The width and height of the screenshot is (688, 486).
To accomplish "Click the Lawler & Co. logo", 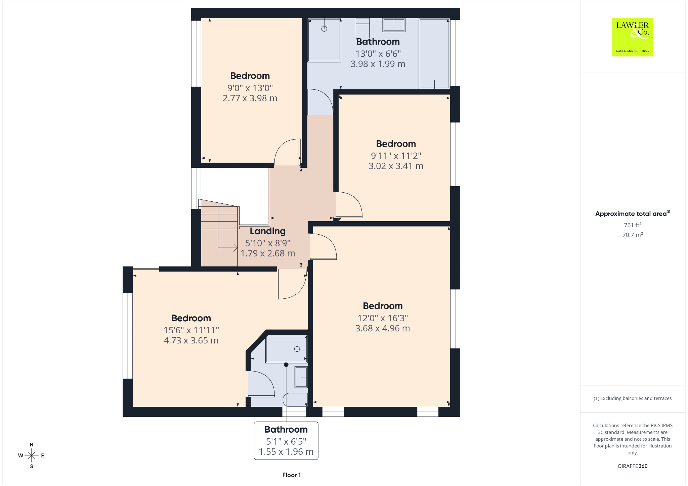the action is click(x=632, y=37).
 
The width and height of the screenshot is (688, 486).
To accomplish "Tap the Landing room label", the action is click(x=268, y=231).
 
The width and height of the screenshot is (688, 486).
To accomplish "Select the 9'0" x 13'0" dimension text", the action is click(x=250, y=88).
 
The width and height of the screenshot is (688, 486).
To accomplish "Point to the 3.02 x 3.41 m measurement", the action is click(x=396, y=166).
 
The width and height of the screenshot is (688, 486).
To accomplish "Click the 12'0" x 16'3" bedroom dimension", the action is click(x=383, y=318).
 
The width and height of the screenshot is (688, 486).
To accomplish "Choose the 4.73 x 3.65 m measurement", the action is click(x=191, y=340).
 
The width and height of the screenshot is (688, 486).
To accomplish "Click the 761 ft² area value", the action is click(x=633, y=225).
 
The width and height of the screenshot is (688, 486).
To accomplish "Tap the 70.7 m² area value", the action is click(x=633, y=235).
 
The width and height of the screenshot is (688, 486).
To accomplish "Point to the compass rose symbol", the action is click(x=32, y=455).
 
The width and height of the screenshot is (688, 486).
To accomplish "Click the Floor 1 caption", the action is click(x=292, y=475).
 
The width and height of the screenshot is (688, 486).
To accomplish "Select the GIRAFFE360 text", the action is click(x=633, y=466).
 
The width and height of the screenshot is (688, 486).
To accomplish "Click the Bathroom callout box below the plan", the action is click(x=286, y=441).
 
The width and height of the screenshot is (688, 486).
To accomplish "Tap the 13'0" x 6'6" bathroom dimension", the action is click(x=378, y=54).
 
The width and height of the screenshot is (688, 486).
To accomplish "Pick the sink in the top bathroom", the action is click(x=394, y=25).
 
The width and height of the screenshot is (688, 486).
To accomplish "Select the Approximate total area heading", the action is click(x=633, y=213).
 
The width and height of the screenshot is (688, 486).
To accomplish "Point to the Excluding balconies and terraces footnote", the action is click(x=633, y=398).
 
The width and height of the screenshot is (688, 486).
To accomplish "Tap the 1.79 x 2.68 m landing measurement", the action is click(x=268, y=253).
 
